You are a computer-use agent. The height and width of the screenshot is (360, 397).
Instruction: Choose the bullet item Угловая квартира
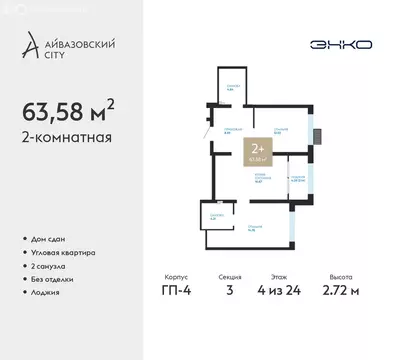pos(65,253)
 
